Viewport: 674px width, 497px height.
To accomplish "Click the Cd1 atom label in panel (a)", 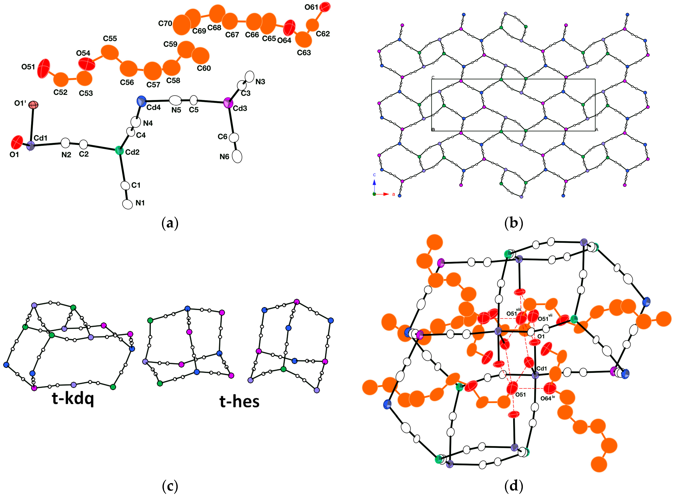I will (40, 138).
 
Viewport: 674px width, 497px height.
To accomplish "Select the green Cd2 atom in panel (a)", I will (119, 150).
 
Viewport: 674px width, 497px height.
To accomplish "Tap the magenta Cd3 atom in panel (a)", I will (228, 103).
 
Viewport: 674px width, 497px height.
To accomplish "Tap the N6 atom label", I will (224, 157).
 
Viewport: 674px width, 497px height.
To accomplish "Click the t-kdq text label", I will (73, 399).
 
